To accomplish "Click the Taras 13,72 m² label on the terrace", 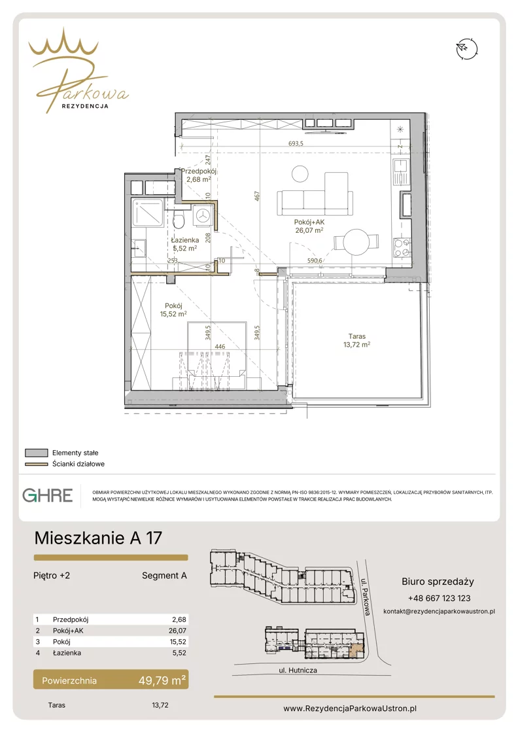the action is pos(357,340).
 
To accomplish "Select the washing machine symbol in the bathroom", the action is pos(203,216).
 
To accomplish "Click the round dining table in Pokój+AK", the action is pos(356,242).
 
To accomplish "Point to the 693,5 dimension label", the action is pos(296,143).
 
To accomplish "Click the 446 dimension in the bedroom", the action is pos(220,347).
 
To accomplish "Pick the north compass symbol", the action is pos(467,48).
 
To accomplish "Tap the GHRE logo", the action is pos(48,495).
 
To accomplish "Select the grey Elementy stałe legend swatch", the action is pos(37,453).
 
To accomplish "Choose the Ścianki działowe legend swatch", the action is pos(37,464).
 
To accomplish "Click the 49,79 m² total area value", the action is pos(162,680).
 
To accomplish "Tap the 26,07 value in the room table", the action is pos(177,631).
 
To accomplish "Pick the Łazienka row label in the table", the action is pos(67,653).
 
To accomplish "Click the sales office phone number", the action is pos(439,599).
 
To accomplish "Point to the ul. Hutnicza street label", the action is pos(298,671).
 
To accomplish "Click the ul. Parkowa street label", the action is pos(366,597).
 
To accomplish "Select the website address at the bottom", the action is pos(350,708).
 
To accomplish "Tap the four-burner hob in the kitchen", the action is pos(402,247).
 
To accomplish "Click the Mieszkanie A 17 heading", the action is pos(98,538).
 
